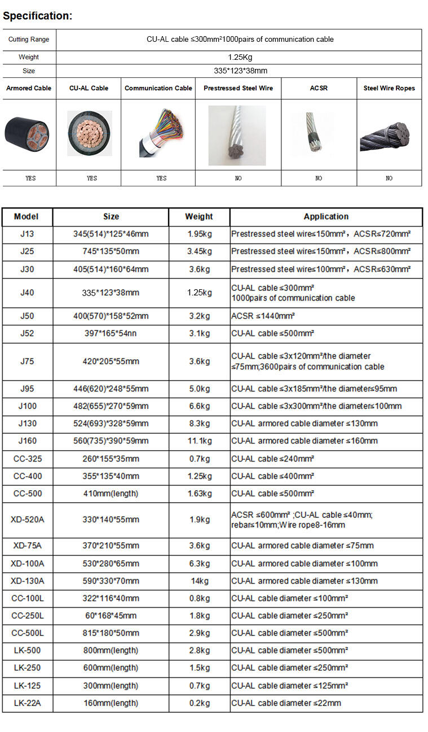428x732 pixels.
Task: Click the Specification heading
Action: [38, 16]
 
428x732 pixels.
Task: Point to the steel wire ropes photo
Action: [389, 134]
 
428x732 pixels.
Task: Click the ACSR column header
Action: [319, 88]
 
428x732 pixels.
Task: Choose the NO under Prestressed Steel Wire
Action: [238, 178]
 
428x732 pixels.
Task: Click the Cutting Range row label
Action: [29, 40]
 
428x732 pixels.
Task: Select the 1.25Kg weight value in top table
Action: [239, 57]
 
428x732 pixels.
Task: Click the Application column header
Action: [326, 216]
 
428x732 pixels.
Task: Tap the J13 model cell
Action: [27, 234]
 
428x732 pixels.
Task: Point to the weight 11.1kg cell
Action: [199, 441]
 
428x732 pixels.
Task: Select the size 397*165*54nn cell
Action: [111, 333]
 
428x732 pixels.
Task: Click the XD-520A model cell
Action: [27, 519]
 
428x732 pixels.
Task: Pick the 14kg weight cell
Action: [199, 581]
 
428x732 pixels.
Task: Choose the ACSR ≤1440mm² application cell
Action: [263, 316]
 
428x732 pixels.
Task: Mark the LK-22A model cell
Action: [27, 703]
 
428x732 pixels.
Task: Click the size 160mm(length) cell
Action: [111, 703]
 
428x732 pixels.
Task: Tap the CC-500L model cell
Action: [27, 633]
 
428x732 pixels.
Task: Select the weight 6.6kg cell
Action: [199, 406]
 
